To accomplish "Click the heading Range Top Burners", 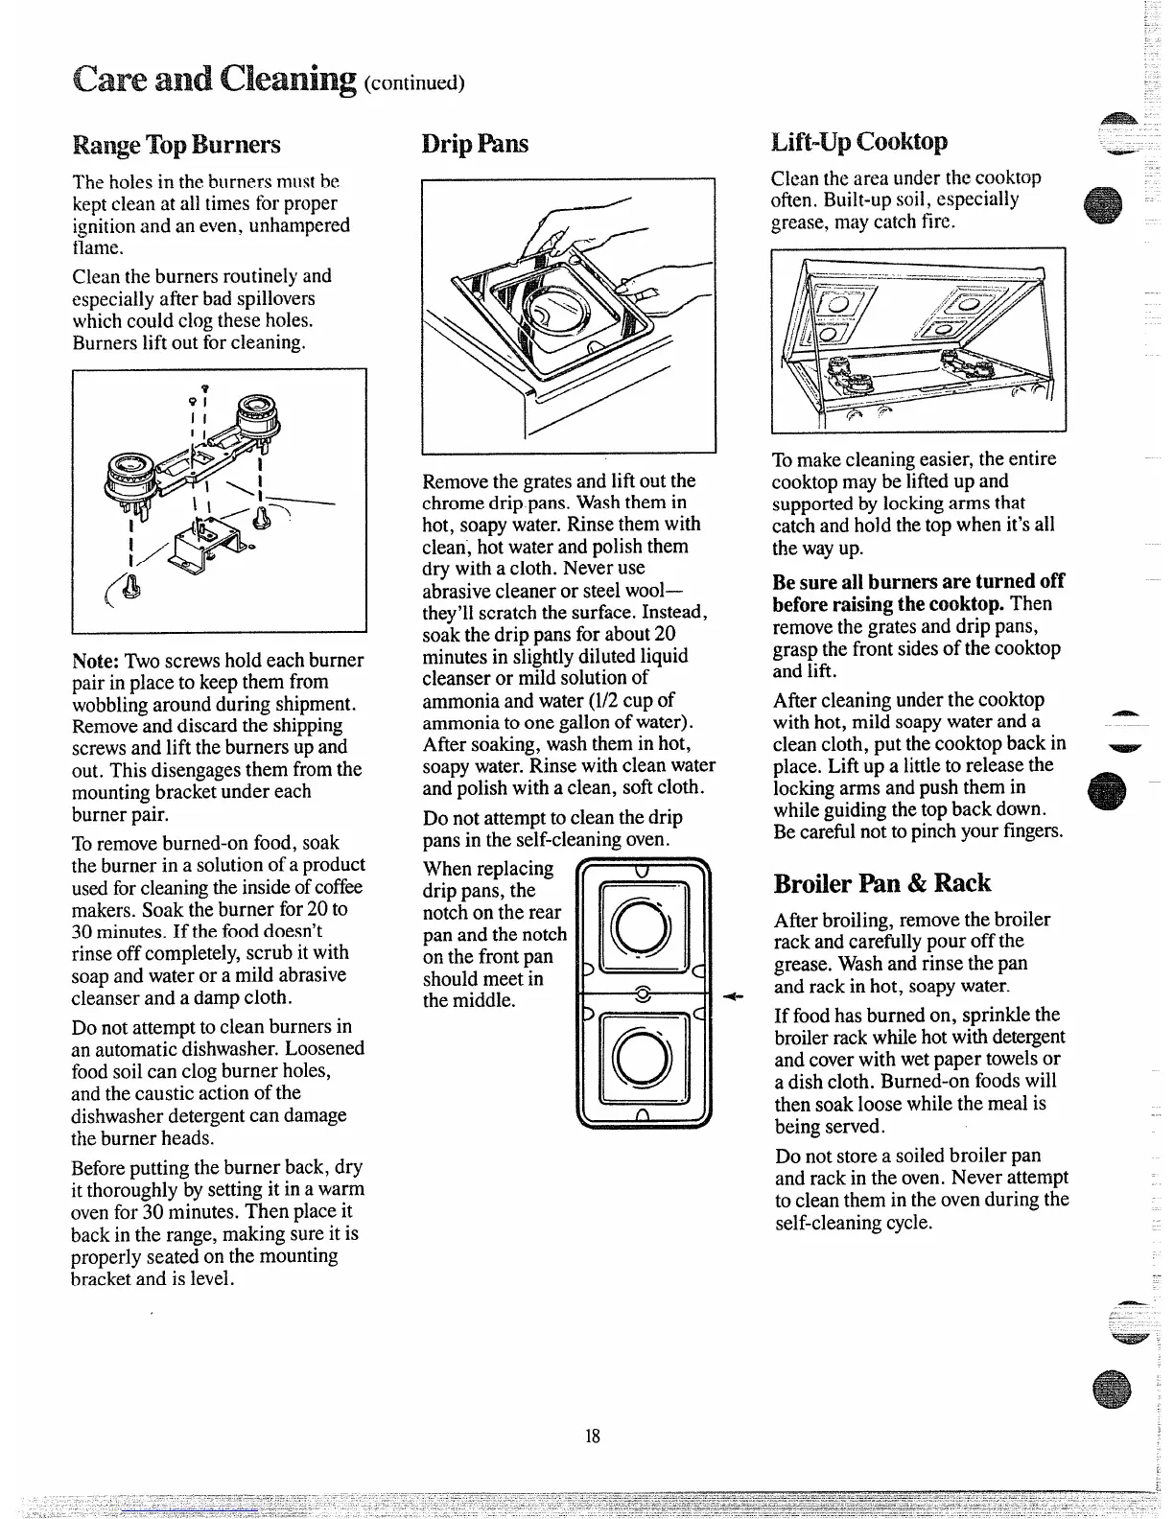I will coord(176,145).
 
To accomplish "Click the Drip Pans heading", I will coord(475,144).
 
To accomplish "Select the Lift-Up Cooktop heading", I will coord(859,142).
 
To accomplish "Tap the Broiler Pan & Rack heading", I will coord(882,883).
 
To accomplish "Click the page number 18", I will coord(592,1436).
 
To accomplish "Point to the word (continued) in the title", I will coord(414,82).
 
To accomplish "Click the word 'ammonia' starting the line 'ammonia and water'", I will coord(460,700).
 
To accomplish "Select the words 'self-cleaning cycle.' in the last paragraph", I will coord(854,1223).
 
